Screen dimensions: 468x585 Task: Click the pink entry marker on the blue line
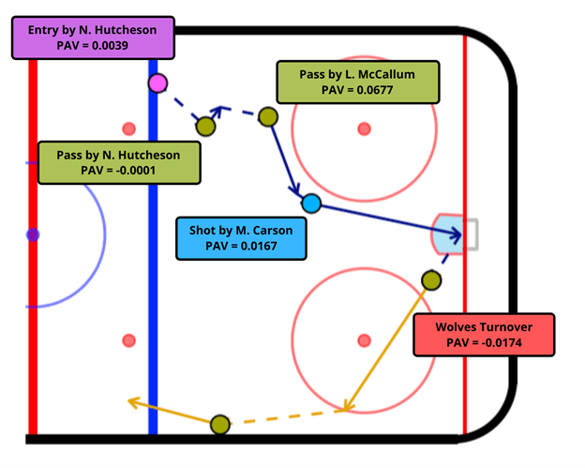[157, 83]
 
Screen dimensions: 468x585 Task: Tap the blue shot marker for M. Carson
[311, 203]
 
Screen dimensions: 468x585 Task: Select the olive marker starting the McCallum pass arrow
[268, 117]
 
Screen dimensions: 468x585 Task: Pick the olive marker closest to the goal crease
[430, 279]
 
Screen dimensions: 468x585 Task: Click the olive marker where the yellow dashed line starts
[220, 425]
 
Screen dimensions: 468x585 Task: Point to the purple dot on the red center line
[33, 235]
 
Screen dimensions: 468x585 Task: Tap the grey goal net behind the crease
[471, 234]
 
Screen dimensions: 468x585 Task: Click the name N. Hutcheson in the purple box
[119, 29]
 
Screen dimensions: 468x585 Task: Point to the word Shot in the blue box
[207, 230]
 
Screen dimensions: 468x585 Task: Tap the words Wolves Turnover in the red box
[484, 327]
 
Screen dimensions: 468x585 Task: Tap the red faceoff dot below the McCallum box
[365, 128]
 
